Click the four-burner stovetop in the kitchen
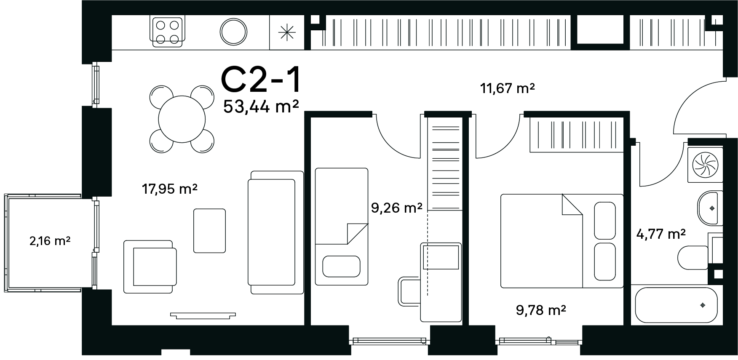[168, 32]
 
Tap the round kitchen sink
[233, 32]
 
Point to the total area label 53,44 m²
[261, 107]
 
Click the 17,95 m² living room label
[170, 189]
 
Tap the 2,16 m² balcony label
[50, 241]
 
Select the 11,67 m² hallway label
[508, 88]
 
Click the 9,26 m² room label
[396, 208]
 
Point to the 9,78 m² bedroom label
[541, 310]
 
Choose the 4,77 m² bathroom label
[661, 234]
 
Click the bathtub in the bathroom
[676, 305]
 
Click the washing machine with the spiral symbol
[705, 165]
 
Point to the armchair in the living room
[150, 267]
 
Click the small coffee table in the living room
[209, 231]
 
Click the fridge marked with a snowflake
[286, 32]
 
